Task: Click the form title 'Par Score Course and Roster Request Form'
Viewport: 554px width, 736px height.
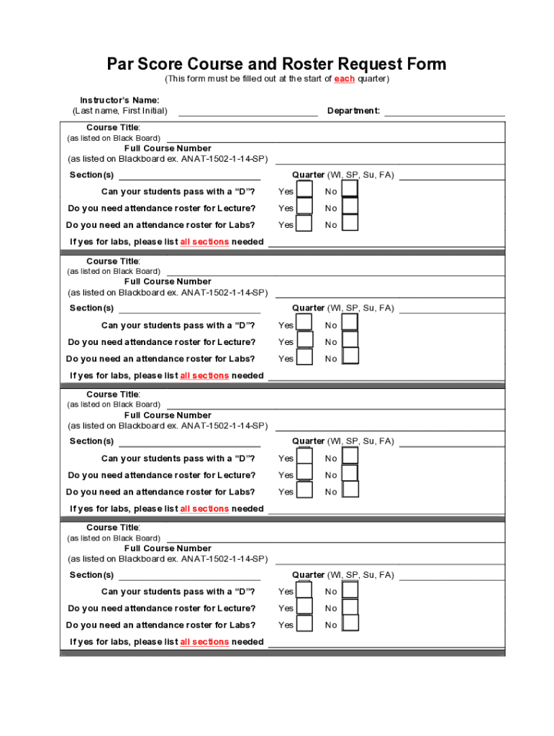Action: coord(277,64)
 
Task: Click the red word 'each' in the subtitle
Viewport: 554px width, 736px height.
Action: coord(344,79)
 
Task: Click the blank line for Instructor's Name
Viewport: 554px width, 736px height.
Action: coord(248,111)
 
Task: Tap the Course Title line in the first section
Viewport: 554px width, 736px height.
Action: coord(335,137)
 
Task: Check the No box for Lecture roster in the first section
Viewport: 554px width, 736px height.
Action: coord(350,206)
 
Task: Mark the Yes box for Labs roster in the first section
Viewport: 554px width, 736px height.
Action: coord(304,224)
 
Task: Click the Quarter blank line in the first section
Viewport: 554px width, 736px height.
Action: coord(452,175)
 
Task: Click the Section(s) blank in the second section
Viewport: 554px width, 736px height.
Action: coord(189,308)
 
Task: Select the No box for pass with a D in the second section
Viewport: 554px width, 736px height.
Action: coord(350,323)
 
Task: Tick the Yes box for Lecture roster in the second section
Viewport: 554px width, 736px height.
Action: coord(304,340)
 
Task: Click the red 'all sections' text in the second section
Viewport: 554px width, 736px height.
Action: coord(204,376)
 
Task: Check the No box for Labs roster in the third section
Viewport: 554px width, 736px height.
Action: coord(350,489)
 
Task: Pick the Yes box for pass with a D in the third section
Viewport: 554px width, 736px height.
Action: coord(304,456)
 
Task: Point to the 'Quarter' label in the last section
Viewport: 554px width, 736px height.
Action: coord(308,575)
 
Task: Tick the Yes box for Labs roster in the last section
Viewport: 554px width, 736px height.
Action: coord(304,623)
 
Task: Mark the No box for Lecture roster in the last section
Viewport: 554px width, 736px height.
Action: coord(350,607)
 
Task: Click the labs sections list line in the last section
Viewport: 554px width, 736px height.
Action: coord(386,643)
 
